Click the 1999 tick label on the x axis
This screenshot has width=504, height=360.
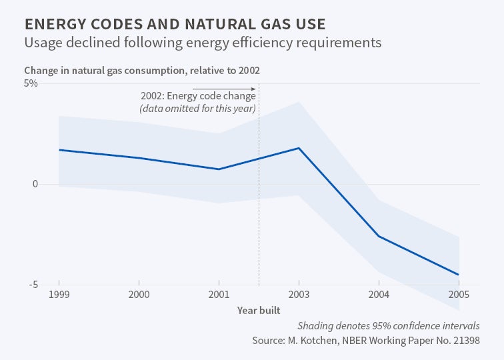(59, 294)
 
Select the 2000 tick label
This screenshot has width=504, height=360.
(139, 294)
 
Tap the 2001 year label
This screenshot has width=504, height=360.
(219, 294)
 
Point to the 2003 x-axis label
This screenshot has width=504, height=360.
(299, 294)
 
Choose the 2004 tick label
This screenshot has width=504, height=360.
(379, 294)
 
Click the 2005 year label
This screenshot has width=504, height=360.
(459, 294)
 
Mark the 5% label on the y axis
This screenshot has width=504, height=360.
(31, 83)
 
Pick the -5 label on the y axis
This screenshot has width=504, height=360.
(32, 285)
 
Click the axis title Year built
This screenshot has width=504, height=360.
(259, 310)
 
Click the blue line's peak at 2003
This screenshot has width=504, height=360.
(299, 148)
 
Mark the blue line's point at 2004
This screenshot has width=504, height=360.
(379, 237)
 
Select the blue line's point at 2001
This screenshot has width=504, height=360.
(219, 169)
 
